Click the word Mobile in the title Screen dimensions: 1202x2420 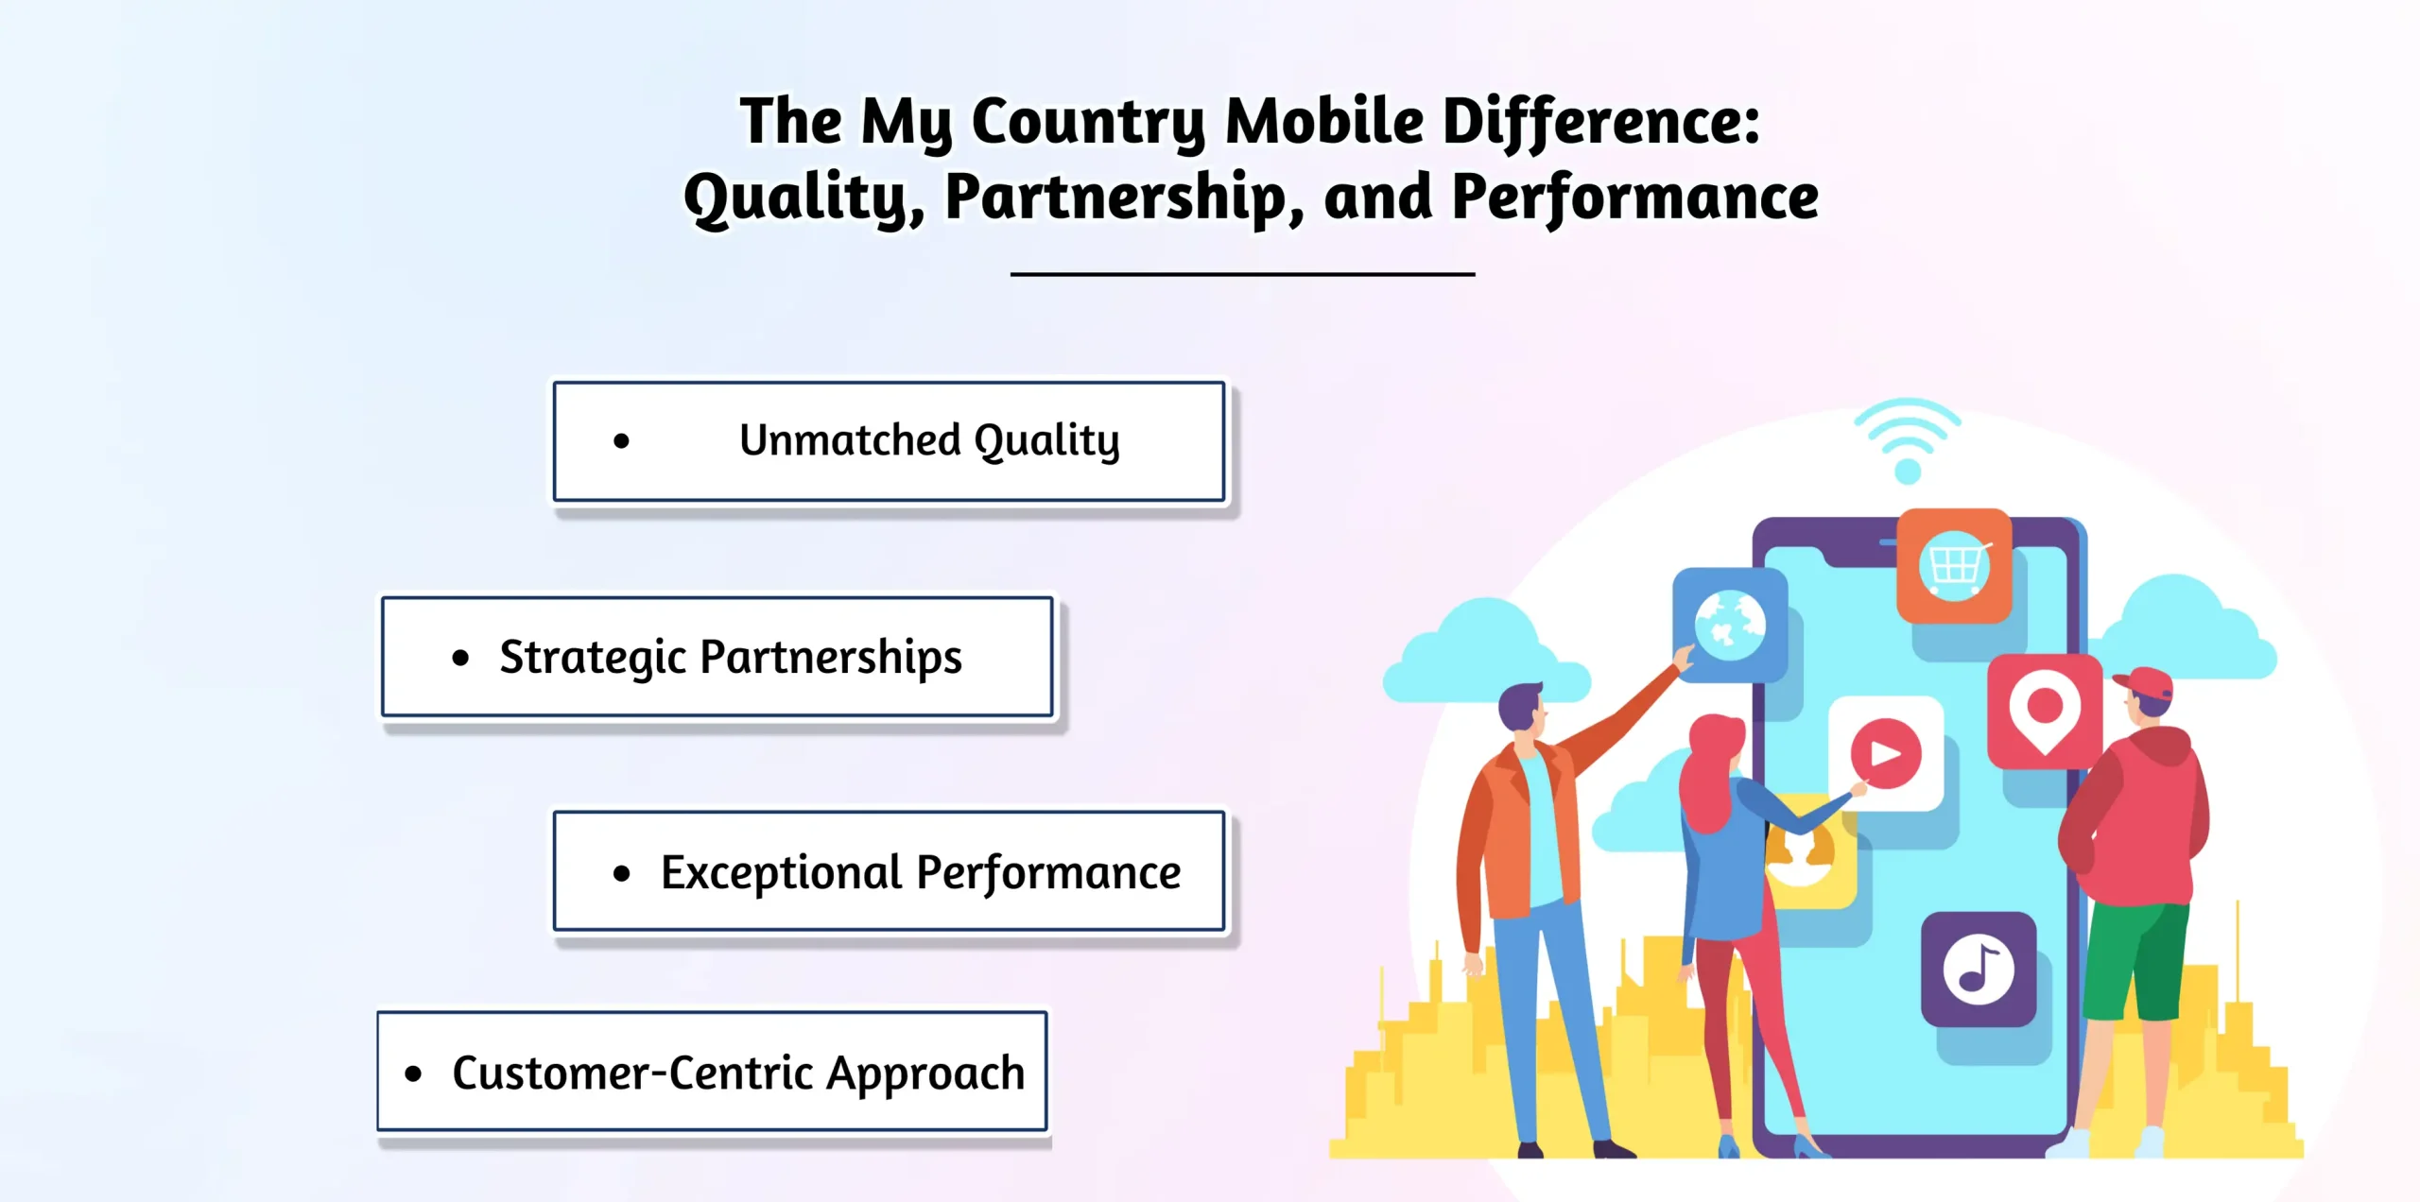pyautogui.click(x=1323, y=121)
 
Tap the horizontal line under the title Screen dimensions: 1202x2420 pyautogui.click(x=1242, y=274)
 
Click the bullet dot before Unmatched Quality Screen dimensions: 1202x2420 pyautogui.click(x=621, y=440)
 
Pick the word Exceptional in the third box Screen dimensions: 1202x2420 pyautogui.click(x=781, y=872)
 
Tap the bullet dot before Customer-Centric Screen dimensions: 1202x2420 pyautogui.click(x=413, y=1073)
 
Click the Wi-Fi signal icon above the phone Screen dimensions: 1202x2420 pyautogui.click(x=1908, y=439)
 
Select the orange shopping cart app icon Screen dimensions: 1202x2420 pyautogui.click(x=1954, y=565)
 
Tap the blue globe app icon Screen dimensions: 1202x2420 pyautogui.click(x=1729, y=625)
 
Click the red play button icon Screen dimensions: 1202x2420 pyautogui.click(x=1886, y=753)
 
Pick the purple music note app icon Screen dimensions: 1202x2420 pyautogui.click(x=1978, y=969)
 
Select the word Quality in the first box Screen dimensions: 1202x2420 pyautogui.click(x=1046, y=440)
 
